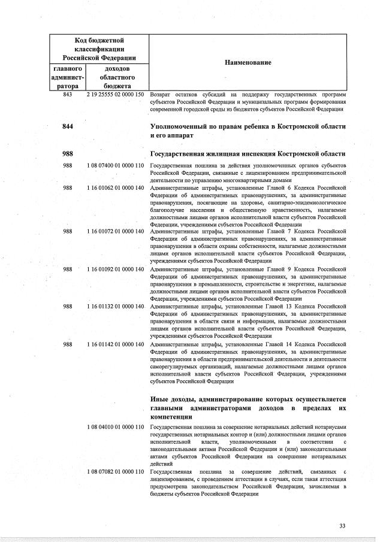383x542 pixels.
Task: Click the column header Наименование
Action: point(248,63)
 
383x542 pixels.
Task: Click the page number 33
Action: point(342,526)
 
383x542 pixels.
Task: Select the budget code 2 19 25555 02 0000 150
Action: point(116,95)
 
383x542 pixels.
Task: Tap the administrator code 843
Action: point(68,95)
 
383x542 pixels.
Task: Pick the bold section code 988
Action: point(68,153)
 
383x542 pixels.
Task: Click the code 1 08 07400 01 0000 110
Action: point(116,165)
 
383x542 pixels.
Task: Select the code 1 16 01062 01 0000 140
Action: point(116,188)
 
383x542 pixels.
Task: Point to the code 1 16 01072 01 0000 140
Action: point(116,231)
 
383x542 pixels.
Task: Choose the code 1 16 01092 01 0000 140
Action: point(116,269)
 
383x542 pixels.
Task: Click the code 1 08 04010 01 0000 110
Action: point(116,426)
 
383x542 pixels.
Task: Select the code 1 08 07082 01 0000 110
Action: point(116,472)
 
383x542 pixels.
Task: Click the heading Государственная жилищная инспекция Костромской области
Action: point(248,153)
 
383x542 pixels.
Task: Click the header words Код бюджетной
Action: point(99,40)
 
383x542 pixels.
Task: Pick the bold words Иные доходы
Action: point(173,399)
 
